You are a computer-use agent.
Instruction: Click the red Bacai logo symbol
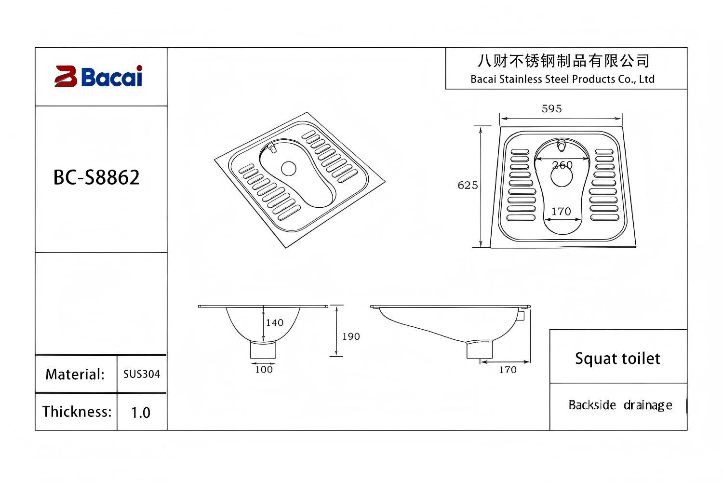pyautogui.click(x=66, y=77)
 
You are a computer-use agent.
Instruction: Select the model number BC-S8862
pyautogui.click(x=96, y=177)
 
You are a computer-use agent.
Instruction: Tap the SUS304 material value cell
pyautogui.click(x=141, y=374)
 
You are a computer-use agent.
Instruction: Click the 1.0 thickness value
pyautogui.click(x=140, y=413)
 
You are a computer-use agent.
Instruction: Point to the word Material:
pyautogui.click(x=75, y=375)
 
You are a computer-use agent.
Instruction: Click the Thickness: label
pyautogui.click(x=77, y=412)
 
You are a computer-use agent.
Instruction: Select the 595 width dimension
pyautogui.click(x=551, y=108)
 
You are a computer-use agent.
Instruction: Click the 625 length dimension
pyautogui.click(x=468, y=185)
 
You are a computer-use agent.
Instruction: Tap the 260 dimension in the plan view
pyautogui.click(x=562, y=165)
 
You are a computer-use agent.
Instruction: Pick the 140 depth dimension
pyautogui.click(x=275, y=322)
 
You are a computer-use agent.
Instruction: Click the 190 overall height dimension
pyautogui.click(x=351, y=336)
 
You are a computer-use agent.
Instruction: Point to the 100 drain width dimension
pyautogui.click(x=264, y=370)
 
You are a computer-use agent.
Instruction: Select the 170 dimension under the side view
pyautogui.click(x=508, y=370)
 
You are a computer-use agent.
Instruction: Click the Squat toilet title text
pyautogui.click(x=617, y=358)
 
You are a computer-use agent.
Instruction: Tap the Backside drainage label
pyautogui.click(x=620, y=405)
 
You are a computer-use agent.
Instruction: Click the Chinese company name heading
pyautogui.click(x=563, y=61)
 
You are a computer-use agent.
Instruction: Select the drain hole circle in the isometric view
pyautogui.click(x=288, y=168)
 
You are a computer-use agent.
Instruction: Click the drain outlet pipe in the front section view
pyautogui.click(x=263, y=349)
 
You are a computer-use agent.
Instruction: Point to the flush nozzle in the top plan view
pyautogui.click(x=561, y=145)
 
